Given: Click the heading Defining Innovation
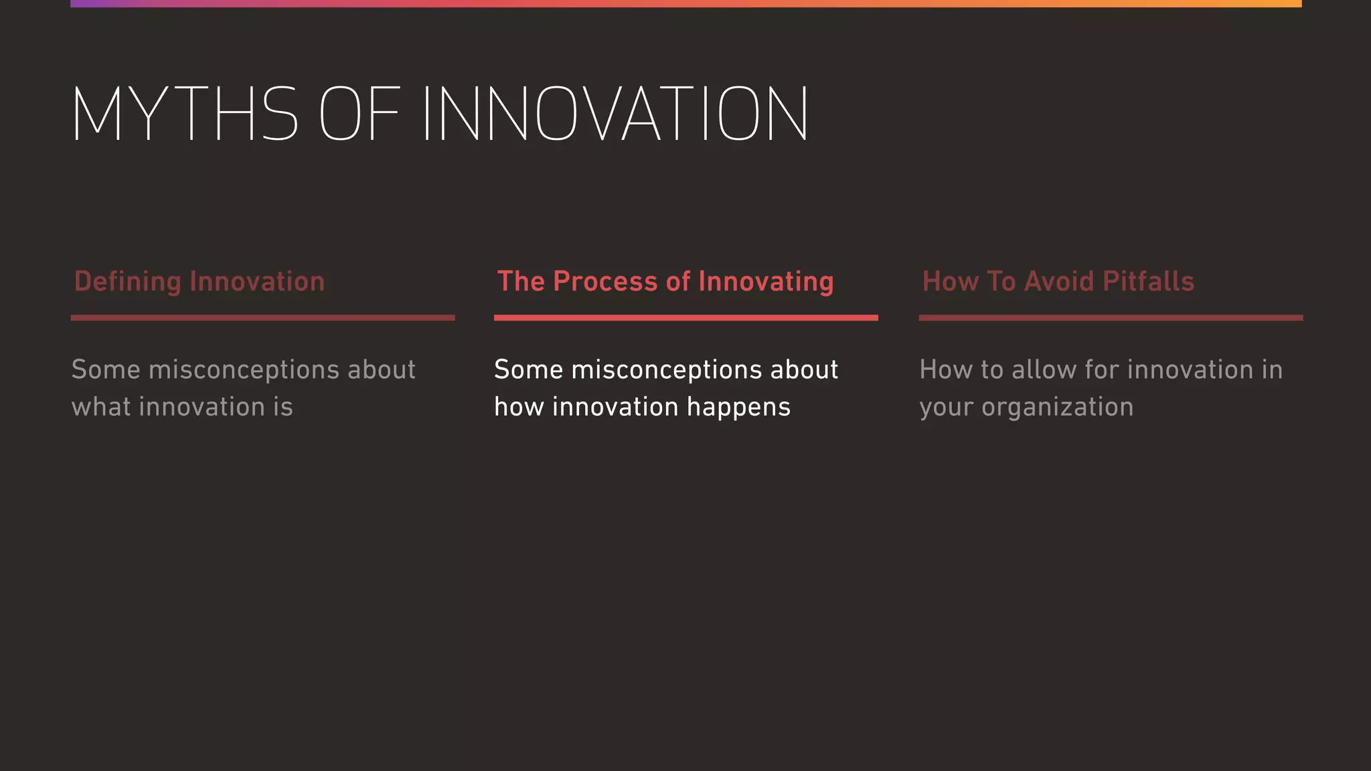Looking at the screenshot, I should coord(199,282).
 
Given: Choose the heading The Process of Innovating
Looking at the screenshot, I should coord(665,282).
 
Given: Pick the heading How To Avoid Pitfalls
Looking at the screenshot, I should coord(1058,282).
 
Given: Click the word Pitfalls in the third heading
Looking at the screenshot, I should coord(1148,282).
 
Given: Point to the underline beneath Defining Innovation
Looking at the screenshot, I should coord(262,318).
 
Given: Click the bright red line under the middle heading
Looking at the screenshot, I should coord(685,318).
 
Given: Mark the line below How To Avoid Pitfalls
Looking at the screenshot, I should coord(1111,318).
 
